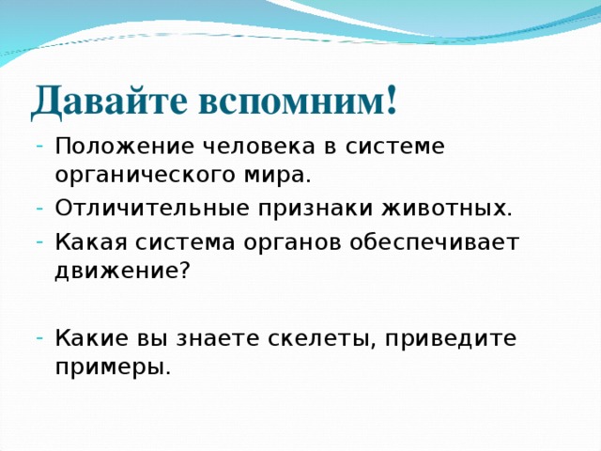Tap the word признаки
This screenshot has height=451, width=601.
pyautogui.click(x=299, y=208)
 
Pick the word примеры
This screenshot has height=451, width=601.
pyautogui.click(x=113, y=366)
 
